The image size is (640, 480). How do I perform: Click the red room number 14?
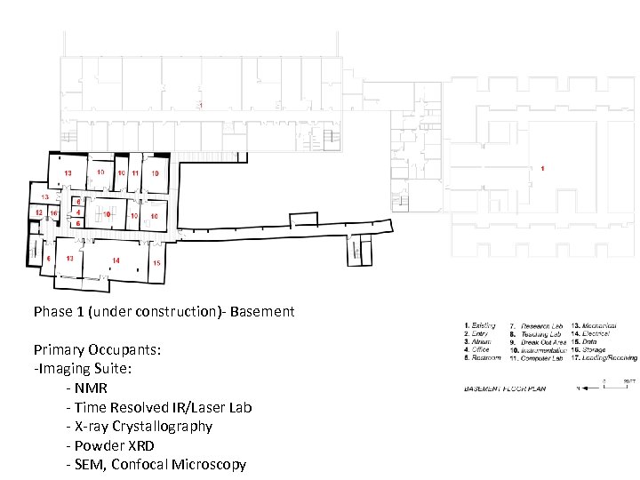pyautogui.click(x=116, y=260)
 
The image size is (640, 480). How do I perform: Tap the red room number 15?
pyautogui.click(x=156, y=263)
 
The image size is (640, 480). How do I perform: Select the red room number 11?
pyautogui.click(x=135, y=172)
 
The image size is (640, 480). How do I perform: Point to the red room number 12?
pyautogui.click(x=38, y=213)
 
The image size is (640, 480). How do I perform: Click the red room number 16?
pyautogui.click(x=53, y=214)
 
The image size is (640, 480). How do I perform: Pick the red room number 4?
pyautogui.click(x=79, y=213)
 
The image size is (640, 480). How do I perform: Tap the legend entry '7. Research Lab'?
pyautogui.click(x=536, y=326)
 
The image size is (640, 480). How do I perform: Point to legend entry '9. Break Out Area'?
pyautogui.click(x=538, y=342)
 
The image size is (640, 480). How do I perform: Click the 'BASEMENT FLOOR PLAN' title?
pyautogui.click(x=503, y=389)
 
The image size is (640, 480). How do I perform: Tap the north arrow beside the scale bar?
pyautogui.click(x=582, y=388)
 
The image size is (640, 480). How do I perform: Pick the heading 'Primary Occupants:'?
pyautogui.click(x=98, y=349)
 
